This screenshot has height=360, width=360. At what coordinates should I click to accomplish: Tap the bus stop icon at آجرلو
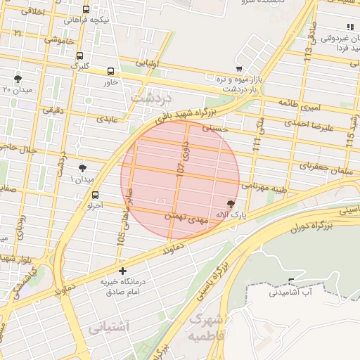coord(95,195)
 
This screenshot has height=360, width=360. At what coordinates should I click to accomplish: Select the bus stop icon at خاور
coord(110,71)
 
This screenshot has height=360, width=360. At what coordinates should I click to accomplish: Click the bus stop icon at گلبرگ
coord(79,56)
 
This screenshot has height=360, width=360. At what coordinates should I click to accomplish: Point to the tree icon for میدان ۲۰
coord(18,79)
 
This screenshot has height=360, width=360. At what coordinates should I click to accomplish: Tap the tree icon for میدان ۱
coord(83,167)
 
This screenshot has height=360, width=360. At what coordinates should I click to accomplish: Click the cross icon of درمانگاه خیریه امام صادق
coord(123,271)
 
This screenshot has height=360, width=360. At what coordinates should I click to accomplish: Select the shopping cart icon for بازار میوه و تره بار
coord(239,69)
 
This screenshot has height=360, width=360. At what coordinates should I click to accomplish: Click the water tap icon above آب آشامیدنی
coord(292,282)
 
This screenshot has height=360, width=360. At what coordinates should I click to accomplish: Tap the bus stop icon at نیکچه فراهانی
coord(86,10)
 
